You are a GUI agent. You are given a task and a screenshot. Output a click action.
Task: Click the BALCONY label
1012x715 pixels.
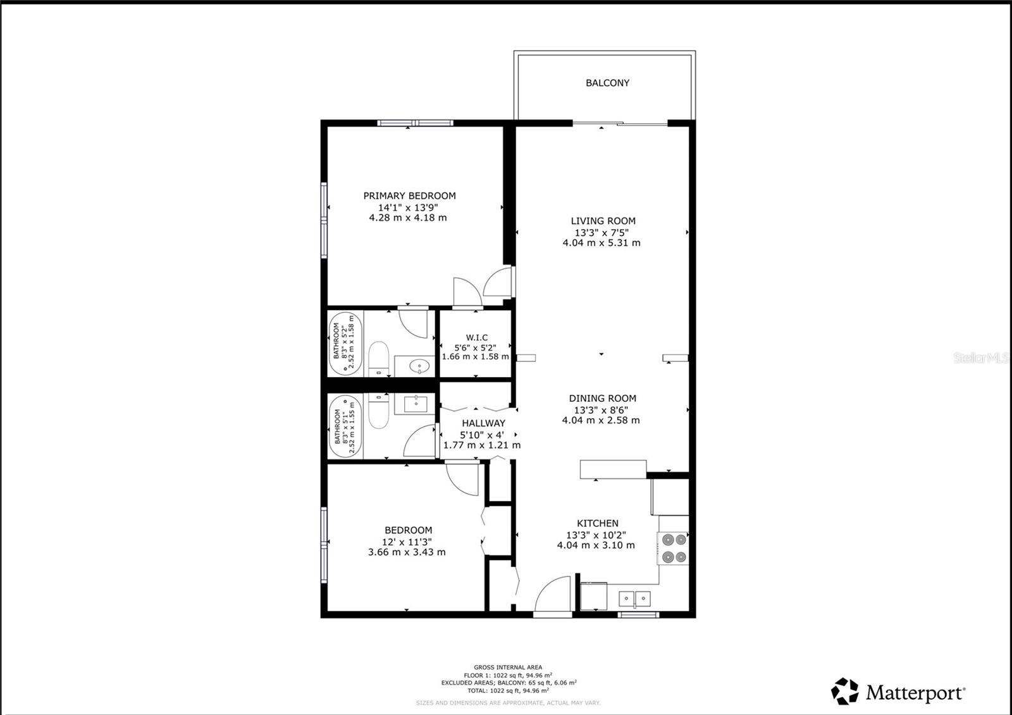tap(607, 83)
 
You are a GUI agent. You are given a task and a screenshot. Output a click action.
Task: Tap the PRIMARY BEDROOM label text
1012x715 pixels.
tap(409, 196)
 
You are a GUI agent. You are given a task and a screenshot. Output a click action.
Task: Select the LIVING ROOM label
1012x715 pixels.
tap(603, 221)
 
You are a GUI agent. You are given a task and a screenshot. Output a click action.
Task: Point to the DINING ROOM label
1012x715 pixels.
tap(602, 398)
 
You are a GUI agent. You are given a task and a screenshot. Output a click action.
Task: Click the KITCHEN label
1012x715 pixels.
tap(597, 523)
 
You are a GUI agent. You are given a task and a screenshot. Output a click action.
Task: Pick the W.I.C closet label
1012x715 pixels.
tap(476, 338)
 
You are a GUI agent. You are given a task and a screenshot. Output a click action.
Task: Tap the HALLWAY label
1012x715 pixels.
tap(483, 423)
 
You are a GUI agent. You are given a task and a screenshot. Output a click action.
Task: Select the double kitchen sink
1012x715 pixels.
tap(634, 598)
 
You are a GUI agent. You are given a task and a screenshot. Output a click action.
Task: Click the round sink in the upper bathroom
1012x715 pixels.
tap(419, 365)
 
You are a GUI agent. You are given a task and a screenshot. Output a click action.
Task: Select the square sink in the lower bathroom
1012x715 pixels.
tap(417, 403)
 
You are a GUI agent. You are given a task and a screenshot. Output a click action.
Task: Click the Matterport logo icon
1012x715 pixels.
tap(844, 692)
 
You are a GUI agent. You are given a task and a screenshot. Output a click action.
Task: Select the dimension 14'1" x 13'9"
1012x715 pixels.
tap(408, 207)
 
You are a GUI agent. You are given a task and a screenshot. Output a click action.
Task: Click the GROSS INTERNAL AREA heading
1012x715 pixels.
tap(508, 667)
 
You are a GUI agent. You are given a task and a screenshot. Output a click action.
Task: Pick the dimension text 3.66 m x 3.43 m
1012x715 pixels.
tap(407, 552)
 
